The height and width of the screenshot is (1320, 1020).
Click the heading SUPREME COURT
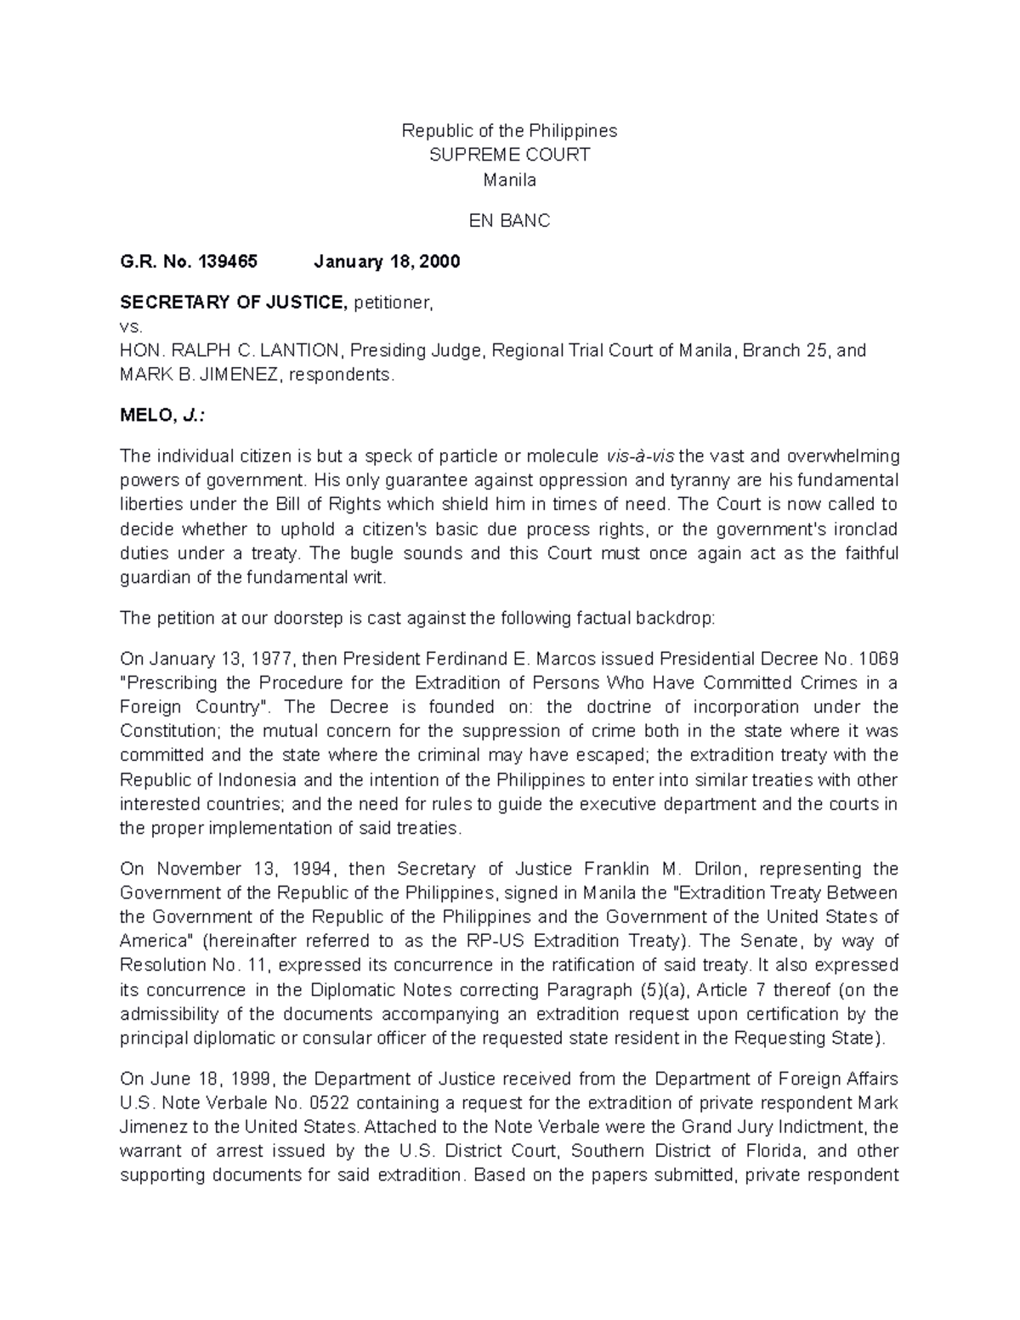tap(509, 155)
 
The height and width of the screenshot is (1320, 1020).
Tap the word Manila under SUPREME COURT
tap(509, 179)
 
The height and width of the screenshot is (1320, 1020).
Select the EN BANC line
tap(509, 221)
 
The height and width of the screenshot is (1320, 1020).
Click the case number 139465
tap(227, 262)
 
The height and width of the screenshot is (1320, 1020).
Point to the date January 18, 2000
tap(387, 262)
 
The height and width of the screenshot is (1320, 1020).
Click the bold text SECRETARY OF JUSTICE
tap(234, 303)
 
